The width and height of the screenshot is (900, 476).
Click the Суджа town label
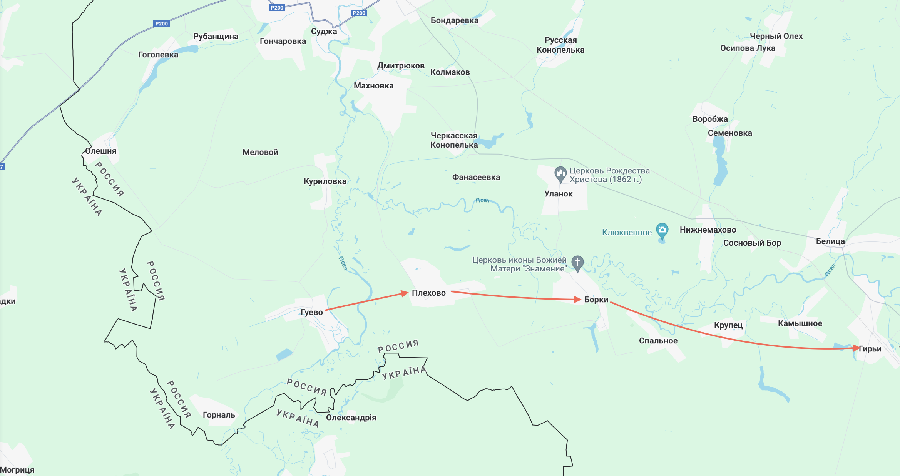coord(324,32)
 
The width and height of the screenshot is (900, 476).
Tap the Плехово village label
coord(428,293)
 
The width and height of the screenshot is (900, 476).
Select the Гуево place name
coord(311,312)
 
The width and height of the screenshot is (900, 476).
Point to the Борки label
coord(596,300)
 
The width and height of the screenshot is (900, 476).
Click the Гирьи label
coord(870,349)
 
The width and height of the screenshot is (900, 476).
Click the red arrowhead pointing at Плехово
coord(404,293)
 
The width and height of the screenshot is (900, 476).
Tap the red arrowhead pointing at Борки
coord(577,299)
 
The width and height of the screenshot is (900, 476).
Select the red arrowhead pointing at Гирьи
coord(856,348)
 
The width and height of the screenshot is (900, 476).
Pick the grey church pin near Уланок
coord(560,174)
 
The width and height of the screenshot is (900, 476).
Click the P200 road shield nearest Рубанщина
coord(161,23)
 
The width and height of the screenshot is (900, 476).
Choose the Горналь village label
coord(219,415)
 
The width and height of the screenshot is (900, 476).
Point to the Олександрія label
coord(351,418)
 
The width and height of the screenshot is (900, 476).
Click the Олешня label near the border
coord(100,151)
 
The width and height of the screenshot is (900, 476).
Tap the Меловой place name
coord(260,152)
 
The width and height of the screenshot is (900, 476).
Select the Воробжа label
coord(710,119)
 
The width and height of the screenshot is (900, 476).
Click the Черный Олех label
coord(776,36)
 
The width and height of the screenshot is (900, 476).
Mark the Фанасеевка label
coord(476,177)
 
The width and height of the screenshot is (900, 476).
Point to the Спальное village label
coord(658,341)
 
